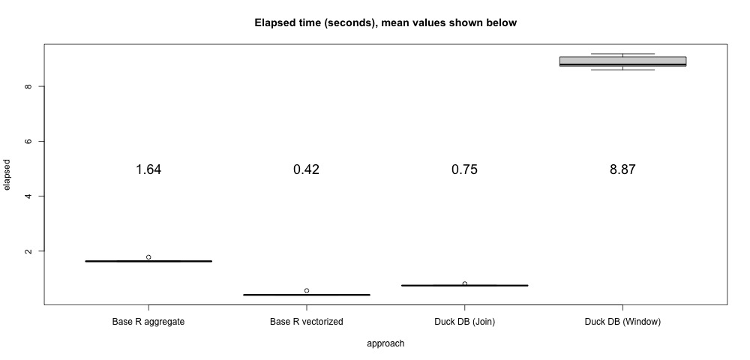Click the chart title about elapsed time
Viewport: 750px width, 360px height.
pyautogui.click(x=385, y=23)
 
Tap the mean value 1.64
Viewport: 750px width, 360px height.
pyautogui.click(x=148, y=169)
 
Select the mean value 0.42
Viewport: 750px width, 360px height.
pyautogui.click(x=306, y=169)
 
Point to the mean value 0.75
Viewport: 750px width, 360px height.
pyautogui.click(x=464, y=169)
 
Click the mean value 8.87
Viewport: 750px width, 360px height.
pyautogui.click(x=622, y=169)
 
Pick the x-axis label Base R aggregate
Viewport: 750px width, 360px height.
pyautogui.click(x=148, y=322)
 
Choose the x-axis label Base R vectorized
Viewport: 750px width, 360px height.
pyautogui.click(x=306, y=322)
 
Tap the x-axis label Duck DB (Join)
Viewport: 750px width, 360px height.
pyautogui.click(x=464, y=322)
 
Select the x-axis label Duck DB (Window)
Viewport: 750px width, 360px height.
pyautogui.click(x=622, y=322)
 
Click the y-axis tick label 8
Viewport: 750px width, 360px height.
pyautogui.click(x=28, y=87)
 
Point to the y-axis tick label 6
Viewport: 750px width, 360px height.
pyautogui.click(x=28, y=142)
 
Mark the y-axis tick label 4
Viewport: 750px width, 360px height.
pyautogui.click(x=28, y=196)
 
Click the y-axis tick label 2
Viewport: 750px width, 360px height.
pyautogui.click(x=28, y=251)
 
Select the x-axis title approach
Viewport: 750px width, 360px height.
pyautogui.click(x=385, y=343)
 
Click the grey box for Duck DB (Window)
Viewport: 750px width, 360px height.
pyautogui.click(x=622, y=60)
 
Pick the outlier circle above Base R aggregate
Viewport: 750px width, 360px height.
pyautogui.click(x=148, y=257)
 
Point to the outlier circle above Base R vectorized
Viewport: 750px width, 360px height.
pyautogui.click(x=307, y=290)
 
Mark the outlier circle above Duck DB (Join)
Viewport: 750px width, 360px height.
pyautogui.click(x=465, y=283)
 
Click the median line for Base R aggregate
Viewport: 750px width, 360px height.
pyautogui.click(x=148, y=261)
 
